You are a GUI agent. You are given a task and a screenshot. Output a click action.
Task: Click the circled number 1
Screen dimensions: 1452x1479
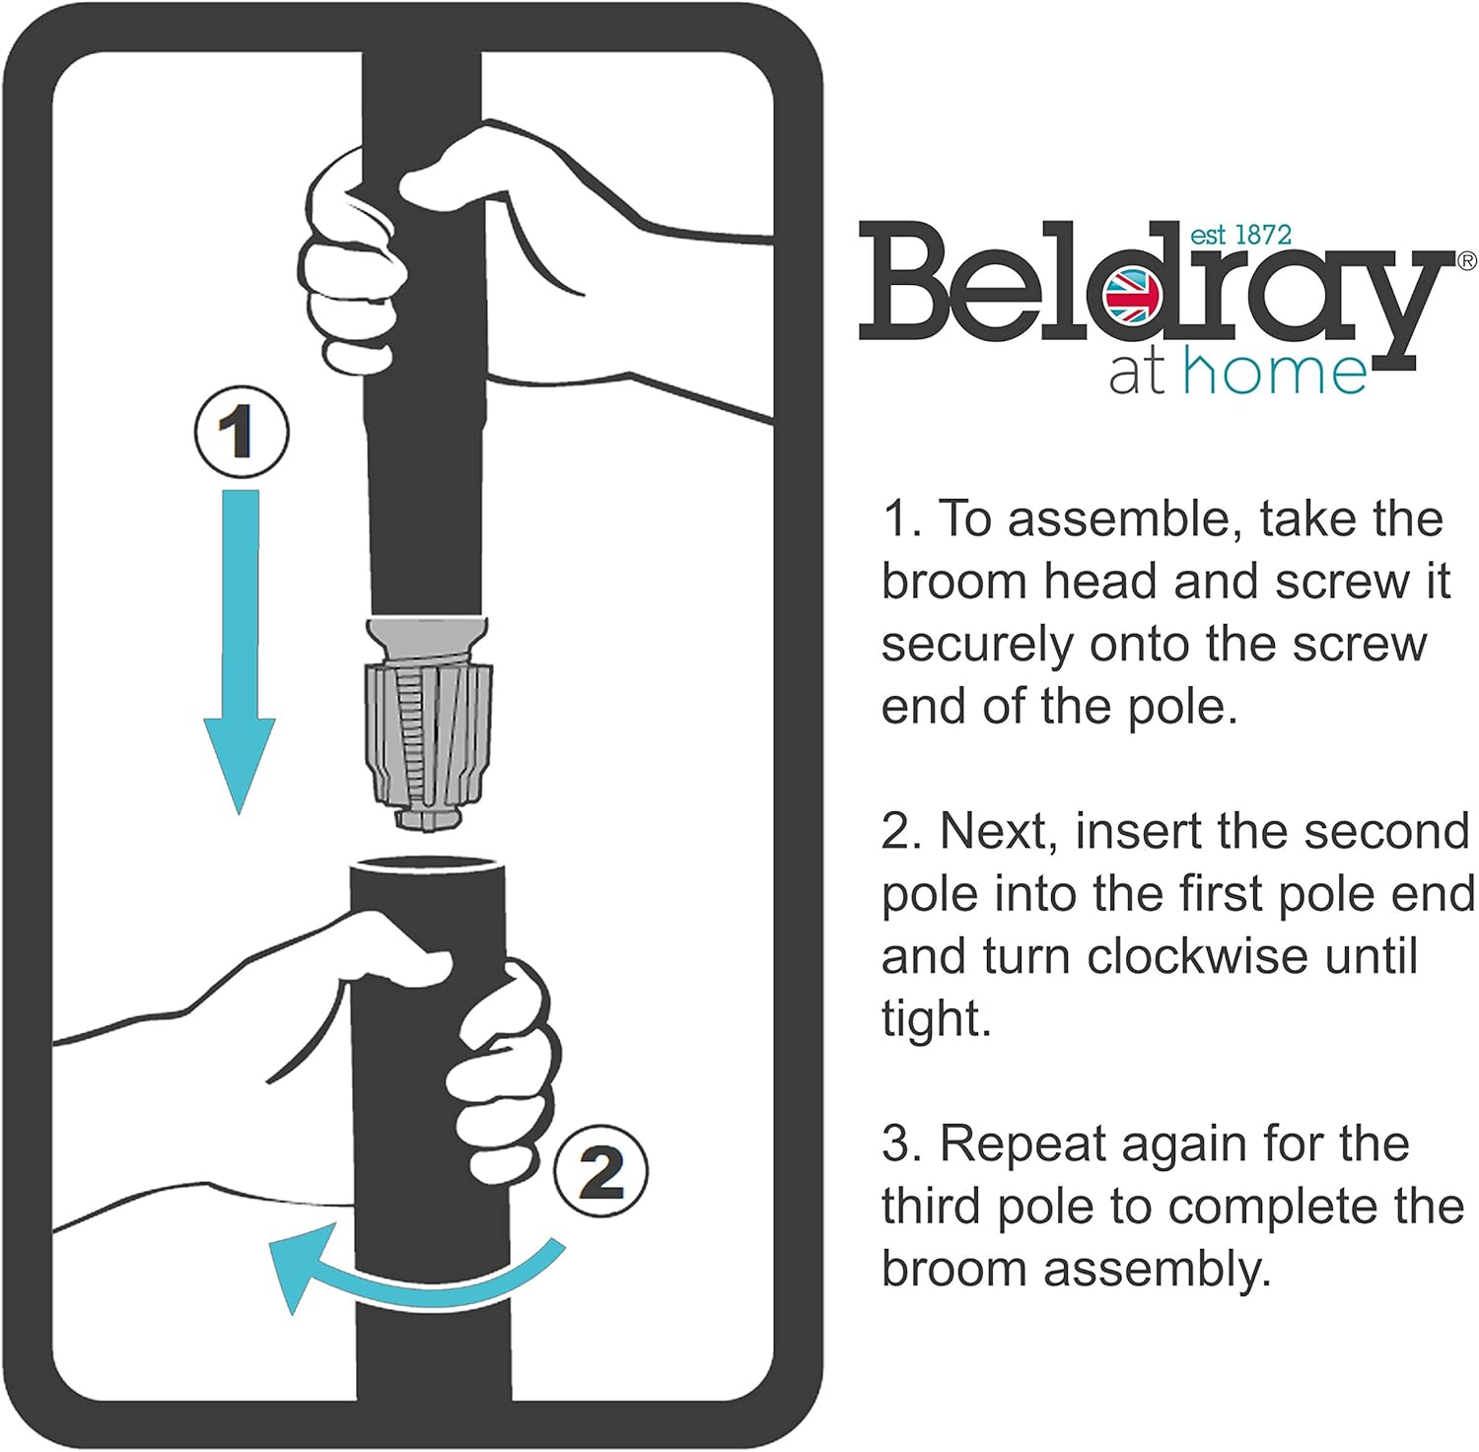click(x=241, y=433)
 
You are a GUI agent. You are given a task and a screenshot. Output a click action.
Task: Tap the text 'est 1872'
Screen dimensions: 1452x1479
click(x=1240, y=235)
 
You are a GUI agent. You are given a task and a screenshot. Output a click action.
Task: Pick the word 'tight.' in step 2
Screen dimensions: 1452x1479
click(x=936, y=1018)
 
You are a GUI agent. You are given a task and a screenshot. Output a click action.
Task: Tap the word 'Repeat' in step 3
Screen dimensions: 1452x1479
click(x=1021, y=1144)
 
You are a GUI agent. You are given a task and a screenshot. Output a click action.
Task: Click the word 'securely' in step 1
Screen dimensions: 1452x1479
click(x=976, y=645)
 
